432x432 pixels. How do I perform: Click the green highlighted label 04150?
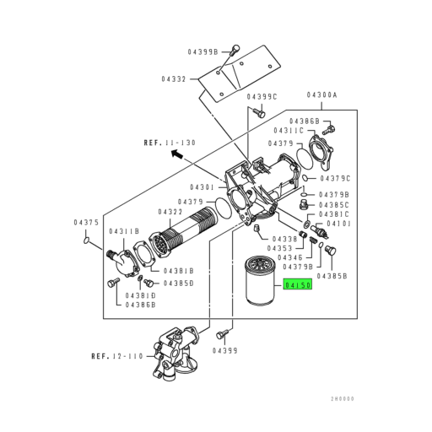tap(298, 286)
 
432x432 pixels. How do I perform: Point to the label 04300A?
tap(321, 95)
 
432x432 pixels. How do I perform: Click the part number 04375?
tap(86, 222)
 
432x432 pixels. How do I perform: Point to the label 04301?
tap(203, 186)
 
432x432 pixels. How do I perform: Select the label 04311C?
tap(290, 132)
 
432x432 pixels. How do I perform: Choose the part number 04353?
tap(280, 249)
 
